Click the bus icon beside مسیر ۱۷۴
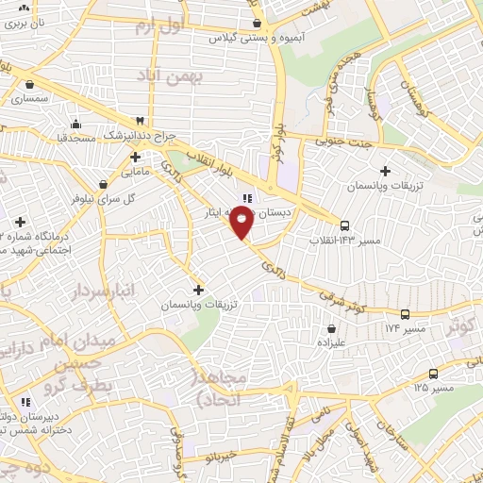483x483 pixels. (405, 314)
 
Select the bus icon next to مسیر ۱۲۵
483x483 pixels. (433, 373)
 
